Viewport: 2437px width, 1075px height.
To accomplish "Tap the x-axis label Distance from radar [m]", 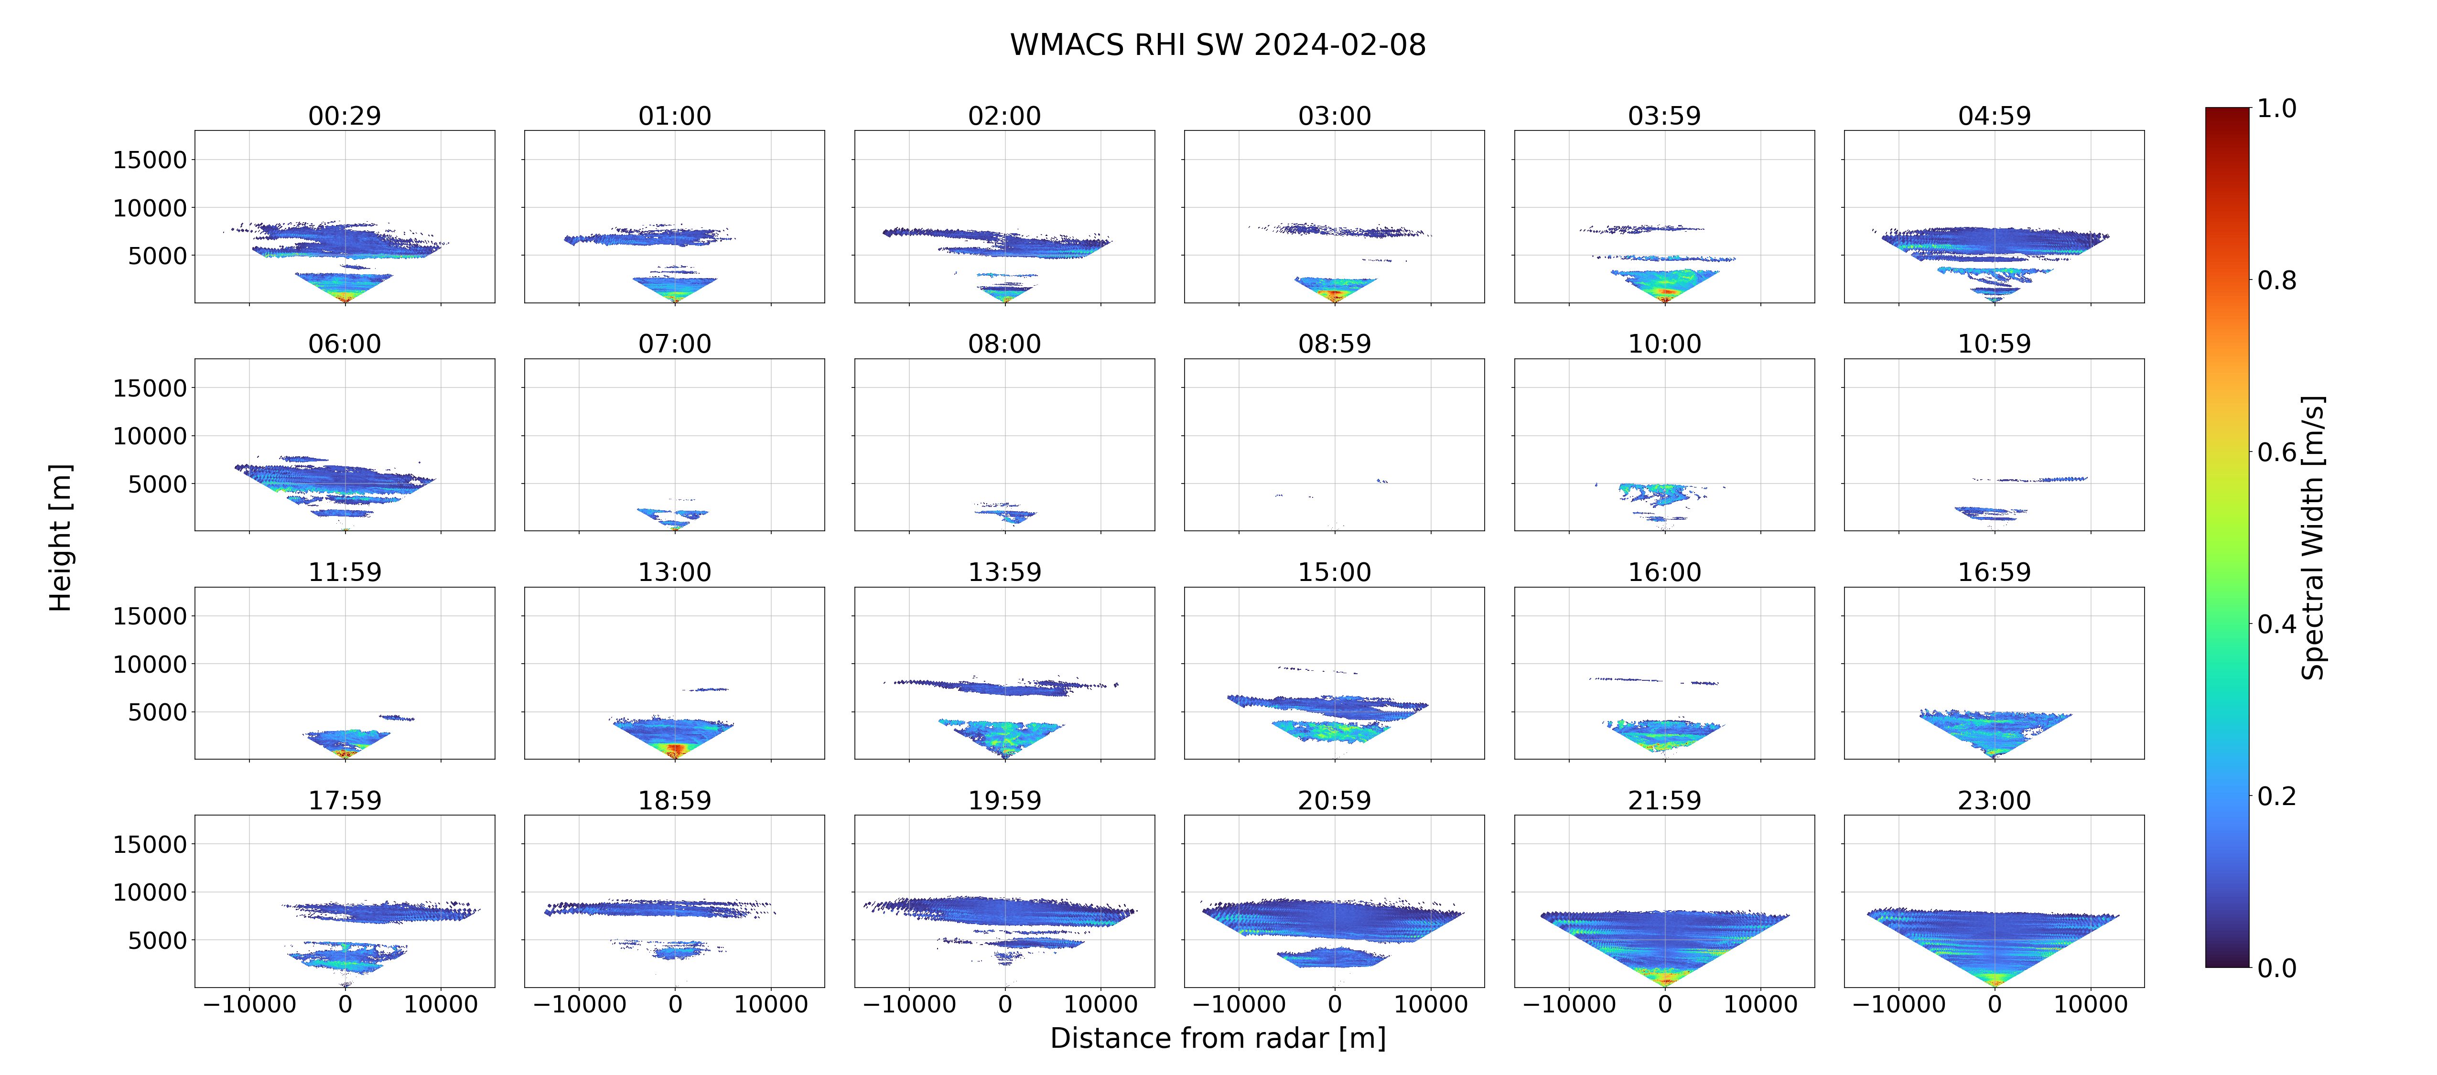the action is click(1218, 1038).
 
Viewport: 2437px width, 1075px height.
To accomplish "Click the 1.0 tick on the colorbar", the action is click(2276, 109).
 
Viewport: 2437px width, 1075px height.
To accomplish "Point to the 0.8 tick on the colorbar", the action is click(2276, 280).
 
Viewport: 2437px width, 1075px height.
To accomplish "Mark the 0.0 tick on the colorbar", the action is click(2276, 968).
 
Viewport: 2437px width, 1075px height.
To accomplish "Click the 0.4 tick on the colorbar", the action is click(2276, 624).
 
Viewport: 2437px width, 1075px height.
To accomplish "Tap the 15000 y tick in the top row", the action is click(150, 160).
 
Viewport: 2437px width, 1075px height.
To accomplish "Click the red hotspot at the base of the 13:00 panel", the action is click(675, 751).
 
